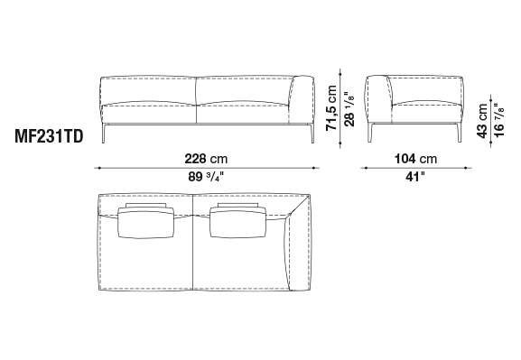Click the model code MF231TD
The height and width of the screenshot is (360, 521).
[x=49, y=136]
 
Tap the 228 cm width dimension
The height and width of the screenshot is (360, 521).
[x=207, y=159]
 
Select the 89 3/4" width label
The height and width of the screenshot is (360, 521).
[x=207, y=177]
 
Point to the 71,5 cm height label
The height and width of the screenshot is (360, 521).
[x=331, y=108]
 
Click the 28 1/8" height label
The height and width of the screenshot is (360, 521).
[x=349, y=108]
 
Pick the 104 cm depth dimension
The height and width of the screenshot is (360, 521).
[x=415, y=159]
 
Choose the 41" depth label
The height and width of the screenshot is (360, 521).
[x=415, y=177]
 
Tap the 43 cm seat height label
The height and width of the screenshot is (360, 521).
[x=482, y=121]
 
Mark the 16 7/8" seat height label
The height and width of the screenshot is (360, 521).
[x=499, y=120]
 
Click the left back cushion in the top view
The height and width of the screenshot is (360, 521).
[x=146, y=223]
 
